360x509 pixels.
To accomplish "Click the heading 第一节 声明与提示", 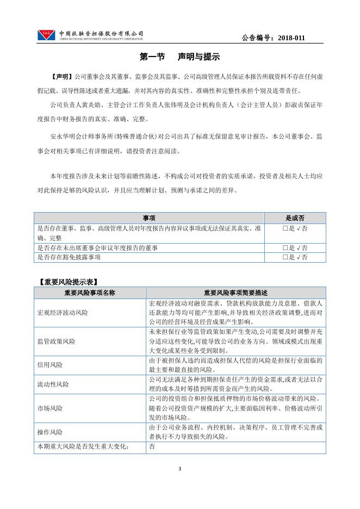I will tap(179, 57).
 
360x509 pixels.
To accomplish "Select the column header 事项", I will tap(149, 217).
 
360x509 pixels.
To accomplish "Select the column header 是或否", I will tap(295, 217).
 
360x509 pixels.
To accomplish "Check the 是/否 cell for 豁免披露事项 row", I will tap(295, 257).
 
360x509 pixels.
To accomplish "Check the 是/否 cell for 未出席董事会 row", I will tap(295, 248).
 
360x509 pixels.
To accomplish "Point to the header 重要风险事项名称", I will tap(90, 293).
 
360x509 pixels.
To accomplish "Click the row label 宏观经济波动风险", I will tap(63, 313).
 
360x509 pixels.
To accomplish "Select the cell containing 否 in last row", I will tap(152, 446).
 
